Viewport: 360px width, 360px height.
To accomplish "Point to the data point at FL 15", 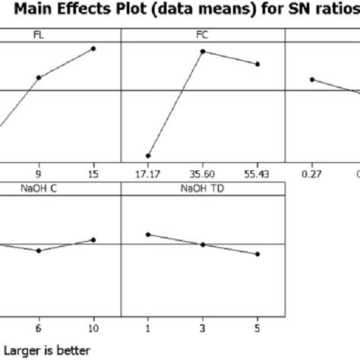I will (x=93, y=49).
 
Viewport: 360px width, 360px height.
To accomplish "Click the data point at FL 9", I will (x=38, y=77).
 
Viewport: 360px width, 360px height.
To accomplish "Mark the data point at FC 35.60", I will (x=203, y=51).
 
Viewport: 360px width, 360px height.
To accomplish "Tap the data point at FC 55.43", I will (x=258, y=65).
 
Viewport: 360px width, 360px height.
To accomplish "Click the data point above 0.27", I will (x=311, y=79).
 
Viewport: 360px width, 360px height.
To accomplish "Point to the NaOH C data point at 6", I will (x=38, y=251).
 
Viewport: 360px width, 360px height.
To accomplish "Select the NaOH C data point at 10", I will (x=93, y=239).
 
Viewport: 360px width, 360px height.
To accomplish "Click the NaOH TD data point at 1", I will (x=148, y=235).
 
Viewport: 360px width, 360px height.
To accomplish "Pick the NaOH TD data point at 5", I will (x=258, y=254).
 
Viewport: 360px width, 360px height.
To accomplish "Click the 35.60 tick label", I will (x=203, y=173).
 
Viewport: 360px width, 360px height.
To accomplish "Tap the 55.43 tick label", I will (x=258, y=173).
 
